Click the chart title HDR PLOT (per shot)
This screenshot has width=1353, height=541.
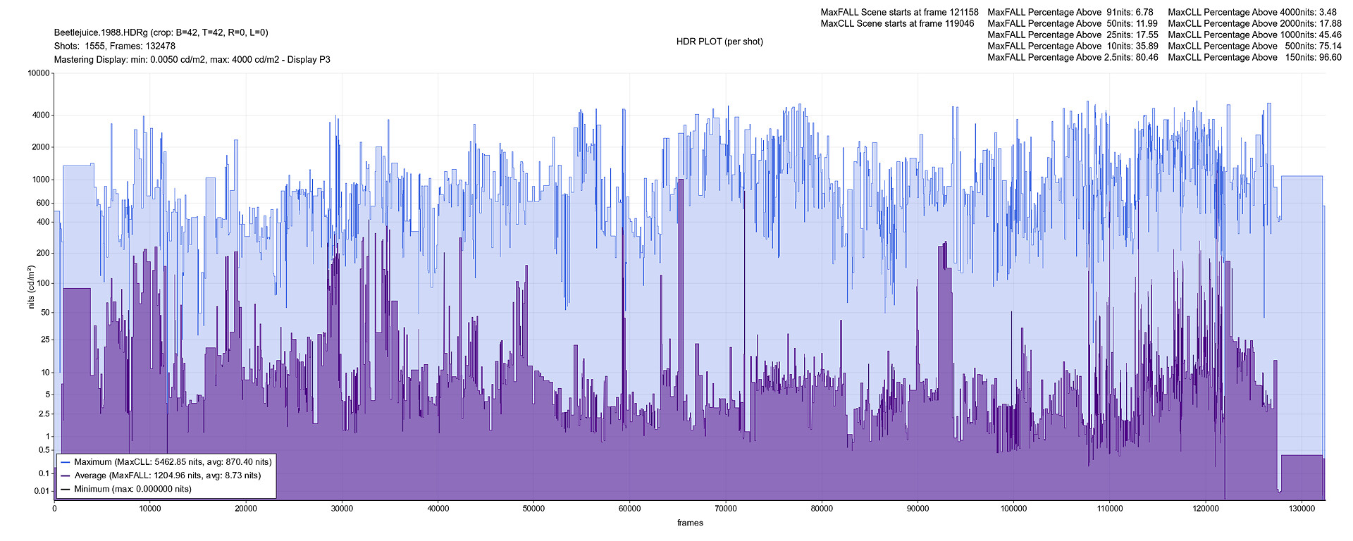(719, 42)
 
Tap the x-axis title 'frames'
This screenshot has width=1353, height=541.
(690, 523)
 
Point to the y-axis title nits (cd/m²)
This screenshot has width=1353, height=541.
(31, 287)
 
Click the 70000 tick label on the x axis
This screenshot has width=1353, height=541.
(725, 509)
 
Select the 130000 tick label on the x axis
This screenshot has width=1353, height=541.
(1301, 509)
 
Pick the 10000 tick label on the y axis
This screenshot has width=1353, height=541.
(38, 73)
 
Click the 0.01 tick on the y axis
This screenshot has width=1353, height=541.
(42, 491)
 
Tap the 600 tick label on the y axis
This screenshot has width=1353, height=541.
(43, 203)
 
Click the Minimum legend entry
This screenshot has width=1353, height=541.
(132, 489)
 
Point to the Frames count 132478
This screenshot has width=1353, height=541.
(159, 46)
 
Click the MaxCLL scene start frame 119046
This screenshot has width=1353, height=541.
(958, 23)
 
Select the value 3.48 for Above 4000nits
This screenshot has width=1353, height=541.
(1327, 12)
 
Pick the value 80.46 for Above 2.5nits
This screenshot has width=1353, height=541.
(1146, 57)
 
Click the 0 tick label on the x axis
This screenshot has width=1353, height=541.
(54, 509)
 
